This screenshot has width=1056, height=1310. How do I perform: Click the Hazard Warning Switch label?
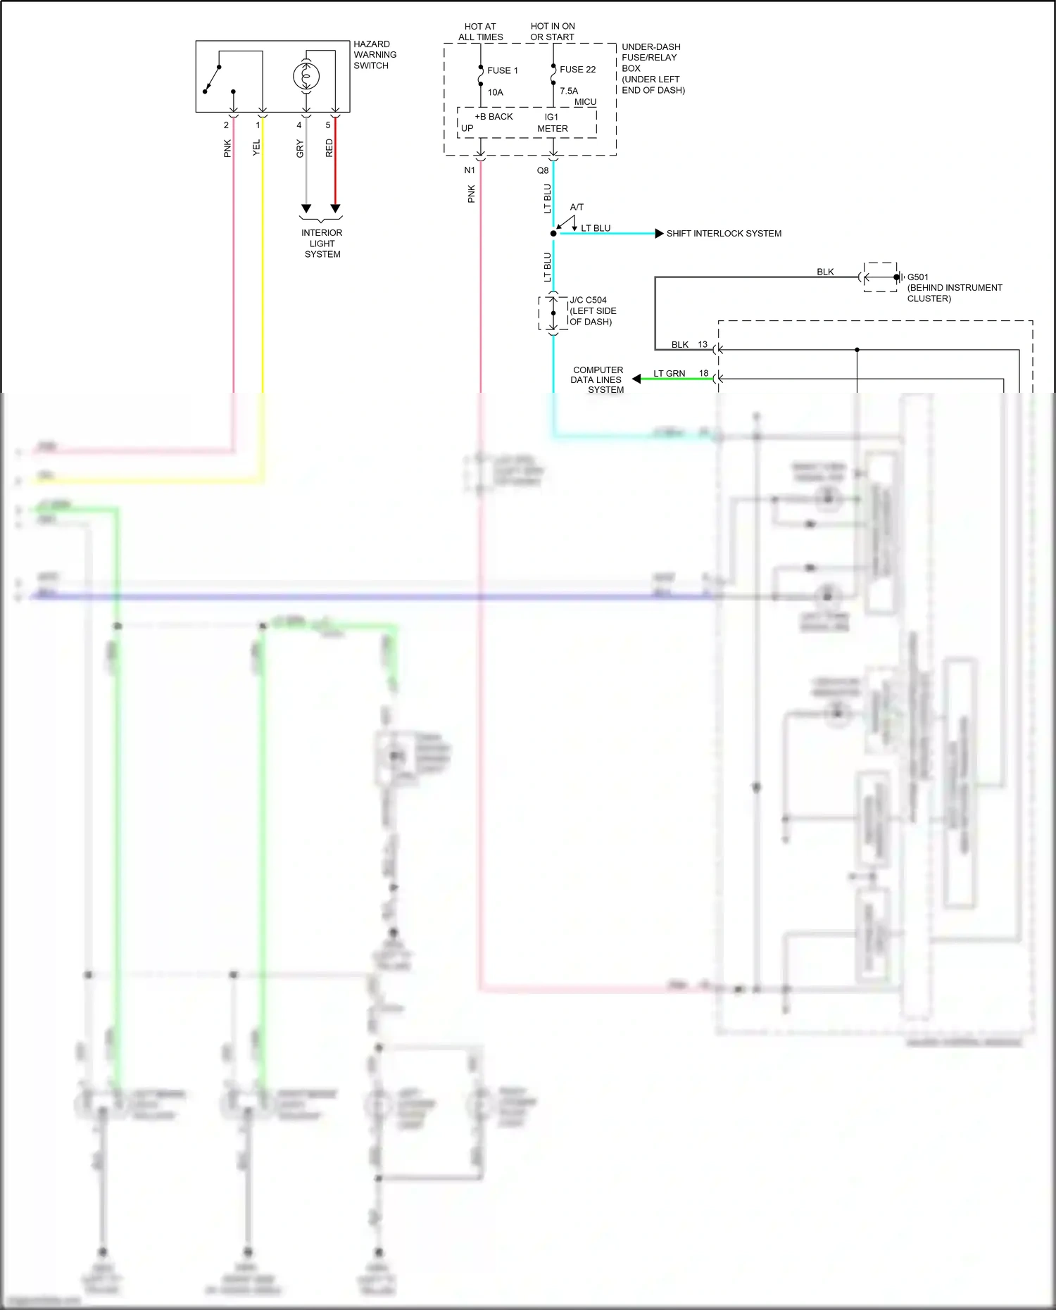[x=375, y=55]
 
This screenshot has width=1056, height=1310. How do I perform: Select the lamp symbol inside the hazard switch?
[x=306, y=76]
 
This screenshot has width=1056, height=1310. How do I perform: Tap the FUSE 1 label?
[x=502, y=70]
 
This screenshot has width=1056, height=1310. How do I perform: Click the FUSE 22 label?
[x=577, y=70]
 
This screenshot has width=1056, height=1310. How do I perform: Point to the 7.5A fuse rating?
[x=569, y=91]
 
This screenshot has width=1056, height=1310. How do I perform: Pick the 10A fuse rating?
[x=496, y=92]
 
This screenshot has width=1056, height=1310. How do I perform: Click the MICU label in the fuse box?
[x=585, y=102]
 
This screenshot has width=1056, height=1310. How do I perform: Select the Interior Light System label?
[x=322, y=244]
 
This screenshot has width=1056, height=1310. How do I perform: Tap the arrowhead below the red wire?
[x=335, y=209]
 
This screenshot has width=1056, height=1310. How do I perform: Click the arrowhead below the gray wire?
[x=306, y=209]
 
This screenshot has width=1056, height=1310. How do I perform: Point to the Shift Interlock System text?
[x=724, y=234]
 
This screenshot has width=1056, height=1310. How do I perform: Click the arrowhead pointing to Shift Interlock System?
[x=659, y=234]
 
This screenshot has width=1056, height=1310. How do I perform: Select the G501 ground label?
[x=917, y=277]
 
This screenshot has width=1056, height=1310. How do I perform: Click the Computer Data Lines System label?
[x=598, y=379]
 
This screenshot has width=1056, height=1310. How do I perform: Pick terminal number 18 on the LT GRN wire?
[x=703, y=373]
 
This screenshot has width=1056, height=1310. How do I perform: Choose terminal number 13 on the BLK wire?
[x=703, y=344]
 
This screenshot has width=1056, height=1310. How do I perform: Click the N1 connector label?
[x=470, y=170]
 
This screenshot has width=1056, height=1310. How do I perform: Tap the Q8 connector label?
[x=543, y=170]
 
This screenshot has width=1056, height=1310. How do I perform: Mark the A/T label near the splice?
[x=577, y=207]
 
